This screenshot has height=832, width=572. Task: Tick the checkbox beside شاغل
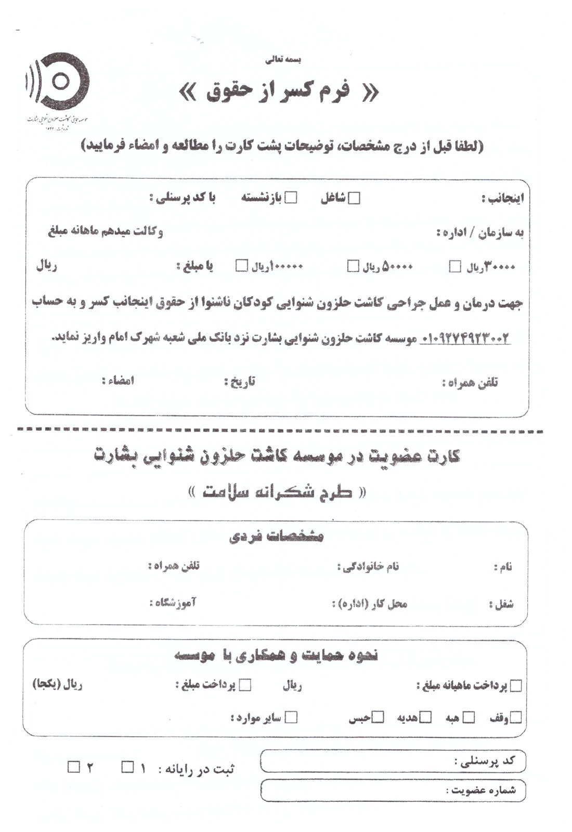pos(354,198)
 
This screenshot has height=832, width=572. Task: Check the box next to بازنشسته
pos(292,198)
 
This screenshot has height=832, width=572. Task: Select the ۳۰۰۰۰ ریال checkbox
pos(455,267)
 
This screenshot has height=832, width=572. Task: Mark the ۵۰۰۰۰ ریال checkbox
pos(353,266)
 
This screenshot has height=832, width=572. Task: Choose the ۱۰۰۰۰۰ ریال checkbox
pos(241,266)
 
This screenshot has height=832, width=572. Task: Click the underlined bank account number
pos(465,339)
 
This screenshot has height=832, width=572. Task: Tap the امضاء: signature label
pos(118,381)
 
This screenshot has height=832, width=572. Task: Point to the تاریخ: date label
pos(239,382)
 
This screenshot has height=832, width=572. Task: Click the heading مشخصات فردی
pos(276,536)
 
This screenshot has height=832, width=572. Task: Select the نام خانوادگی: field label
pos(368,566)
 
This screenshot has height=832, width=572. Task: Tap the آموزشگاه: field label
pos(173,603)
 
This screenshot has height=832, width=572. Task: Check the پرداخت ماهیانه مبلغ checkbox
pos(516,686)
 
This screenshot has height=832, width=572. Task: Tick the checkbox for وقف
pos(515,718)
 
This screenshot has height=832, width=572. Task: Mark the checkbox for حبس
pos(379,718)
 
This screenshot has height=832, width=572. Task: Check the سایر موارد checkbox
pos(292,718)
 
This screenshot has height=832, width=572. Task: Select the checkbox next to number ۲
pos(74,766)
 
